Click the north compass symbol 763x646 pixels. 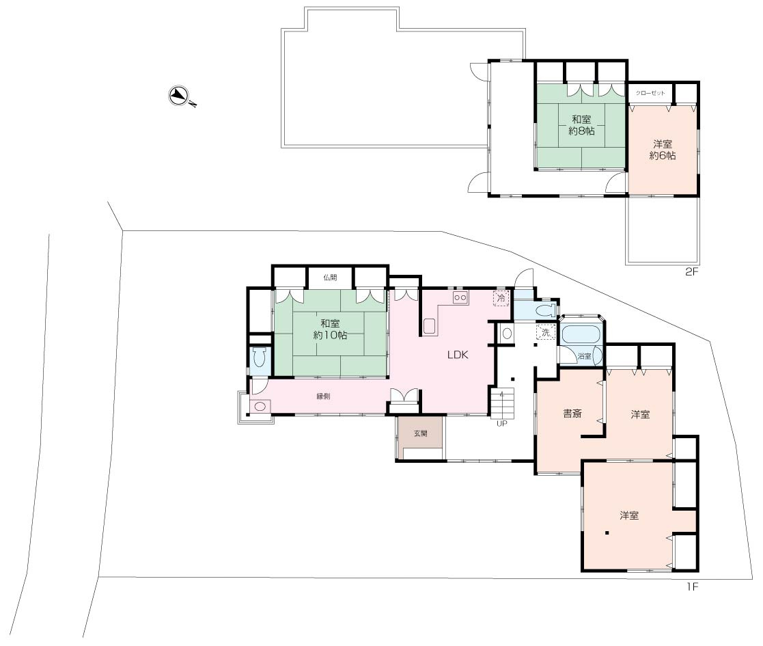[x=181, y=96]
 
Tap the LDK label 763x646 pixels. [x=458, y=355]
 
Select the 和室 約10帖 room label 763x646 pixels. [x=330, y=329]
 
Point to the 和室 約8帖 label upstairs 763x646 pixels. [x=581, y=125]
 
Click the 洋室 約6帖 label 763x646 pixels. [x=663, y=150]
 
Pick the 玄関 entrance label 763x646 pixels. [x=420, y=433]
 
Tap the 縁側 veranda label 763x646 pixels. [x=323, y=396]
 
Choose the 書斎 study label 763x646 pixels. [x=572, y=414]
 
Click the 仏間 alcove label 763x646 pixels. [x=330, y=278]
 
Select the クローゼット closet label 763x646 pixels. [x=650, y=93]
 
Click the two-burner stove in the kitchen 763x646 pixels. [x=460, y=297]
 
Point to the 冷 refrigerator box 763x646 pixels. [x=501, y=298]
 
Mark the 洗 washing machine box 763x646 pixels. [x=546, y=332]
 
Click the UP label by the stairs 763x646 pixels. [x=501, y=424]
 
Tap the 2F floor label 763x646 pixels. [x=691, y=271]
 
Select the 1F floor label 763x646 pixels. [x=692, y=587]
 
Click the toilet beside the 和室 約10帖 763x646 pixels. [x=260, y=358]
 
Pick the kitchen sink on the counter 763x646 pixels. [x=429, y=325]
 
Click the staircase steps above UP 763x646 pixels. [x=501, y=403]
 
